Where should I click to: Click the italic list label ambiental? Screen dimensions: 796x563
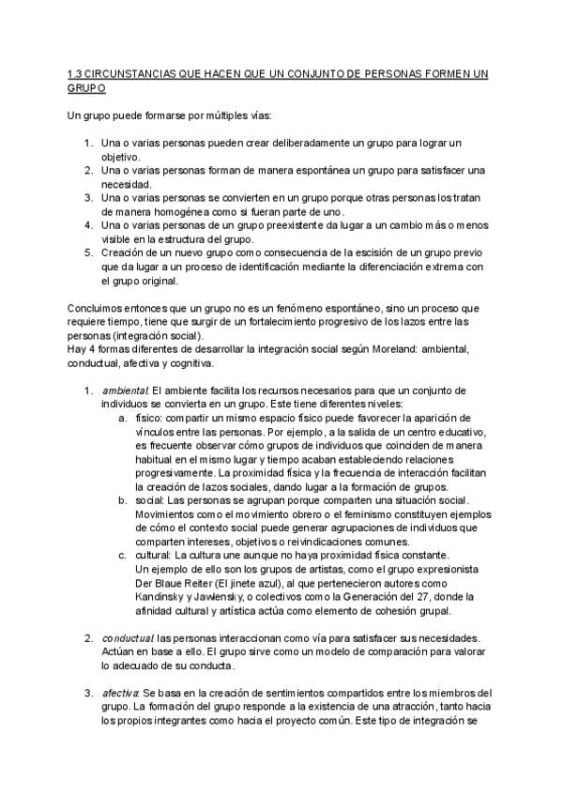coord(126,390)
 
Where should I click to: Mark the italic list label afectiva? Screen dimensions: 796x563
coord(122,694)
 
